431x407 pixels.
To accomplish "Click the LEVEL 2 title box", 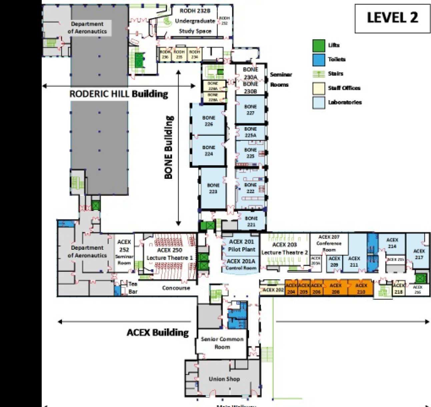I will [392, 18].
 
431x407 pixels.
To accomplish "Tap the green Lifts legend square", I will [319, 46].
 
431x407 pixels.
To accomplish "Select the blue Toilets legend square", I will [319, 60].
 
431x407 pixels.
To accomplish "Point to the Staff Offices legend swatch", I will [319, 88].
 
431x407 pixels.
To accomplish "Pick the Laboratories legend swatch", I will [319, 103].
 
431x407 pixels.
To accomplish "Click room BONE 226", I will [209, 121].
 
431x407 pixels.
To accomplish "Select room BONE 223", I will [213, 188].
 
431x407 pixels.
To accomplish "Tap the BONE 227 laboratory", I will [250, 110].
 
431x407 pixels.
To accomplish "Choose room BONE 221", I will [251, 221].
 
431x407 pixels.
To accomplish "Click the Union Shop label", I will [224, 379].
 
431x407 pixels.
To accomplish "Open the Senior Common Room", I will [222, 343].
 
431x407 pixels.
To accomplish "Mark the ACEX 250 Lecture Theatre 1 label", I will [169, 254].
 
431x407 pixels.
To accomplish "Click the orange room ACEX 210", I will [361, 288].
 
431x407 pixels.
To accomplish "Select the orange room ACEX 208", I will [335, 288].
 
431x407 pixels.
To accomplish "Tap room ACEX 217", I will [419, 254].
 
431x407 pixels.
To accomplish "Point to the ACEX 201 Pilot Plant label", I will [241, 245].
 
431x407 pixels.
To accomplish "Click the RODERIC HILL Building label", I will [118, 94].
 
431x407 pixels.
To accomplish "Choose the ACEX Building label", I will [158, 332].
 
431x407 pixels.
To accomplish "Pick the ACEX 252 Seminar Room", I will [124, 252].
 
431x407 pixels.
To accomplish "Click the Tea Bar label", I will [133, 288].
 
